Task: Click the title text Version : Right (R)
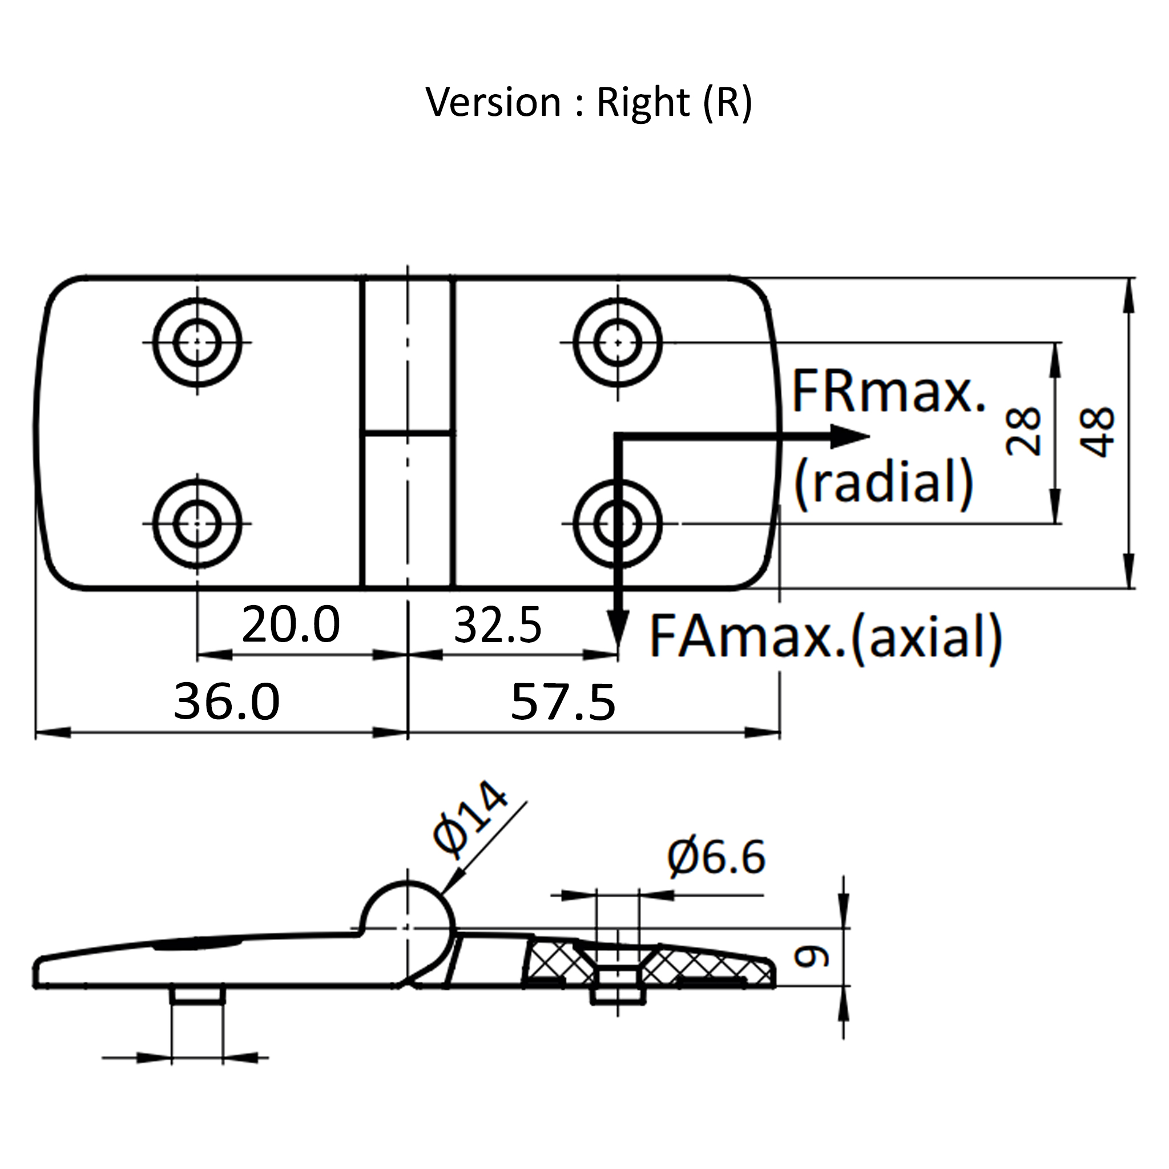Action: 588,102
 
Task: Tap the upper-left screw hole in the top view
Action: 197,342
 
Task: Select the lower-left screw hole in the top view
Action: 197,524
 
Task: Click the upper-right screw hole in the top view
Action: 618,342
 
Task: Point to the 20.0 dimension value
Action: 291,625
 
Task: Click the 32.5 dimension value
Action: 497,626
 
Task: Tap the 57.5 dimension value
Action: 563,702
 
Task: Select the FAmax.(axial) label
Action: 825,637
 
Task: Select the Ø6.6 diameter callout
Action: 716,857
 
